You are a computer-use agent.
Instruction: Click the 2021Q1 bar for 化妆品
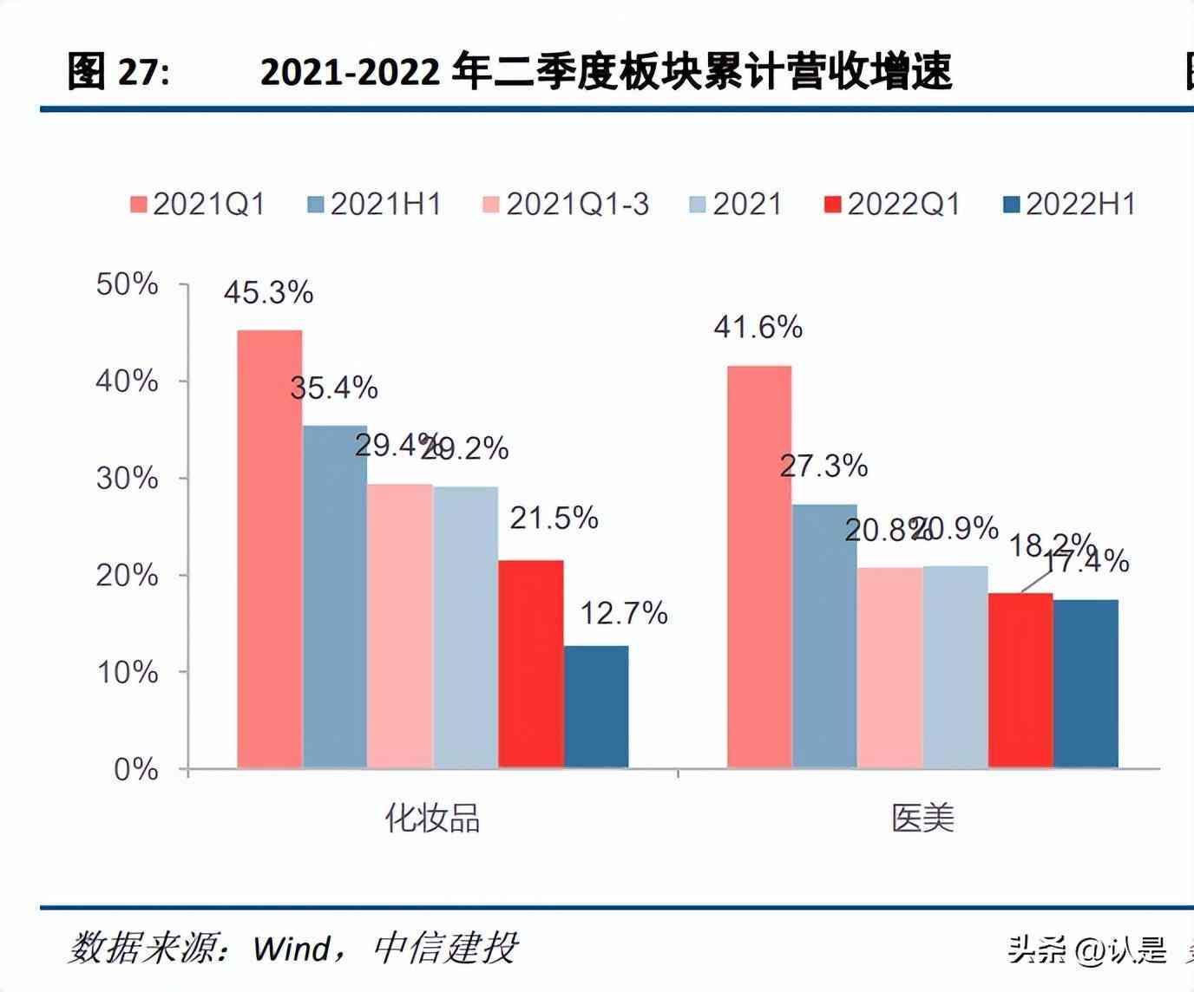click(270, 549)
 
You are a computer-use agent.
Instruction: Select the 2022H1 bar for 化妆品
click(596, 707)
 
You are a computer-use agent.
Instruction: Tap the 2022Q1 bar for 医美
click(1020, 681)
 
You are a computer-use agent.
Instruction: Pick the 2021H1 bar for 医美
click(824, 636)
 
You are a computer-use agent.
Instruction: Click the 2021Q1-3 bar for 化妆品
click(400, 626)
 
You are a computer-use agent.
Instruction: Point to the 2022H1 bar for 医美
click(1086, 683)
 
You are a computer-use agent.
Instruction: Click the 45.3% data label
click(268, 293)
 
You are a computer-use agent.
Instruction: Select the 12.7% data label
click(623, 614)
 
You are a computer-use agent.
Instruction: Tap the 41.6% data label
click(758, 328)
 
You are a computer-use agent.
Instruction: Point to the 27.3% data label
click(823, 467)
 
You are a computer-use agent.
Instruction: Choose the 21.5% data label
click(554, 519)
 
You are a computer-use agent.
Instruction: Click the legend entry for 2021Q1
click(198, 205)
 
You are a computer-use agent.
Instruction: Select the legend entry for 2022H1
click(1069, 205)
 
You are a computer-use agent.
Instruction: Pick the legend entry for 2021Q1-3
click(565, 205)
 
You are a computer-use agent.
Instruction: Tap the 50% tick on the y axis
click(127, 284)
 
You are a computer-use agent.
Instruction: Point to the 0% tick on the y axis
click(135, 770)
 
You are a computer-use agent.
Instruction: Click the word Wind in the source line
click(292, 949)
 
